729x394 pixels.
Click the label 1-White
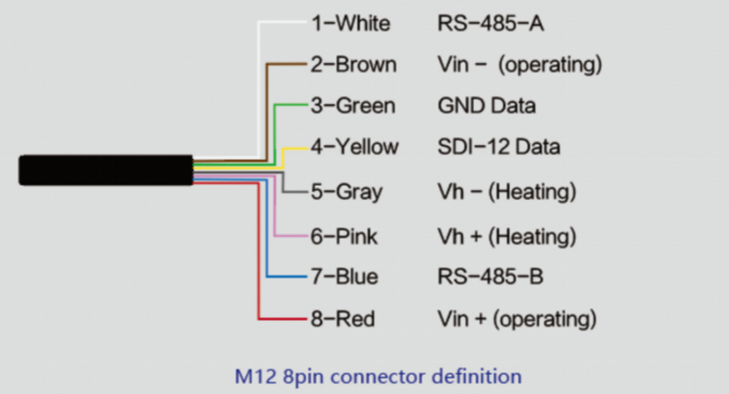[x=350, y=23]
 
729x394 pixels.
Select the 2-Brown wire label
[x=353, y=64]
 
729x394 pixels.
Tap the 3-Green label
[x=353, y=106]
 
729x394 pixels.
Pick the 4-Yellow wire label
[x=354, y=147]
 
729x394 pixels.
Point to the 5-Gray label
[x=346, y=191]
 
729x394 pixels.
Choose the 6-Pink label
[x=344, y=236]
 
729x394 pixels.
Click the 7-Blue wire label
[x=344, y=276]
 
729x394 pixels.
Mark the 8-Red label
[x=342, y=319]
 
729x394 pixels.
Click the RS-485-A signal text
[x=490, y=23]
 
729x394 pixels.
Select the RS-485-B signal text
[x=490, y=276]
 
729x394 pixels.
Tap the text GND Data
[x=487, y=106]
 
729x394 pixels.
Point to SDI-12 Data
[x=498, y=147]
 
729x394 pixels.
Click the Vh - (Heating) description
[x=507, y=191]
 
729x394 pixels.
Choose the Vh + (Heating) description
[x=507, y=236]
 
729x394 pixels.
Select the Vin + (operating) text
[x=517, y=319]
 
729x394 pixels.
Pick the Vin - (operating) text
[x=520, y=64]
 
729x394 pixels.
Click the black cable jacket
[x=106, y=170]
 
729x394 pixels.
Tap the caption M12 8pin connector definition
[x=378, y=376]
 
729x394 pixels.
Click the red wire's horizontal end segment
[x=283, y=319]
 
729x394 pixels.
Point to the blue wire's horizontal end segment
[x=287, y=277]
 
